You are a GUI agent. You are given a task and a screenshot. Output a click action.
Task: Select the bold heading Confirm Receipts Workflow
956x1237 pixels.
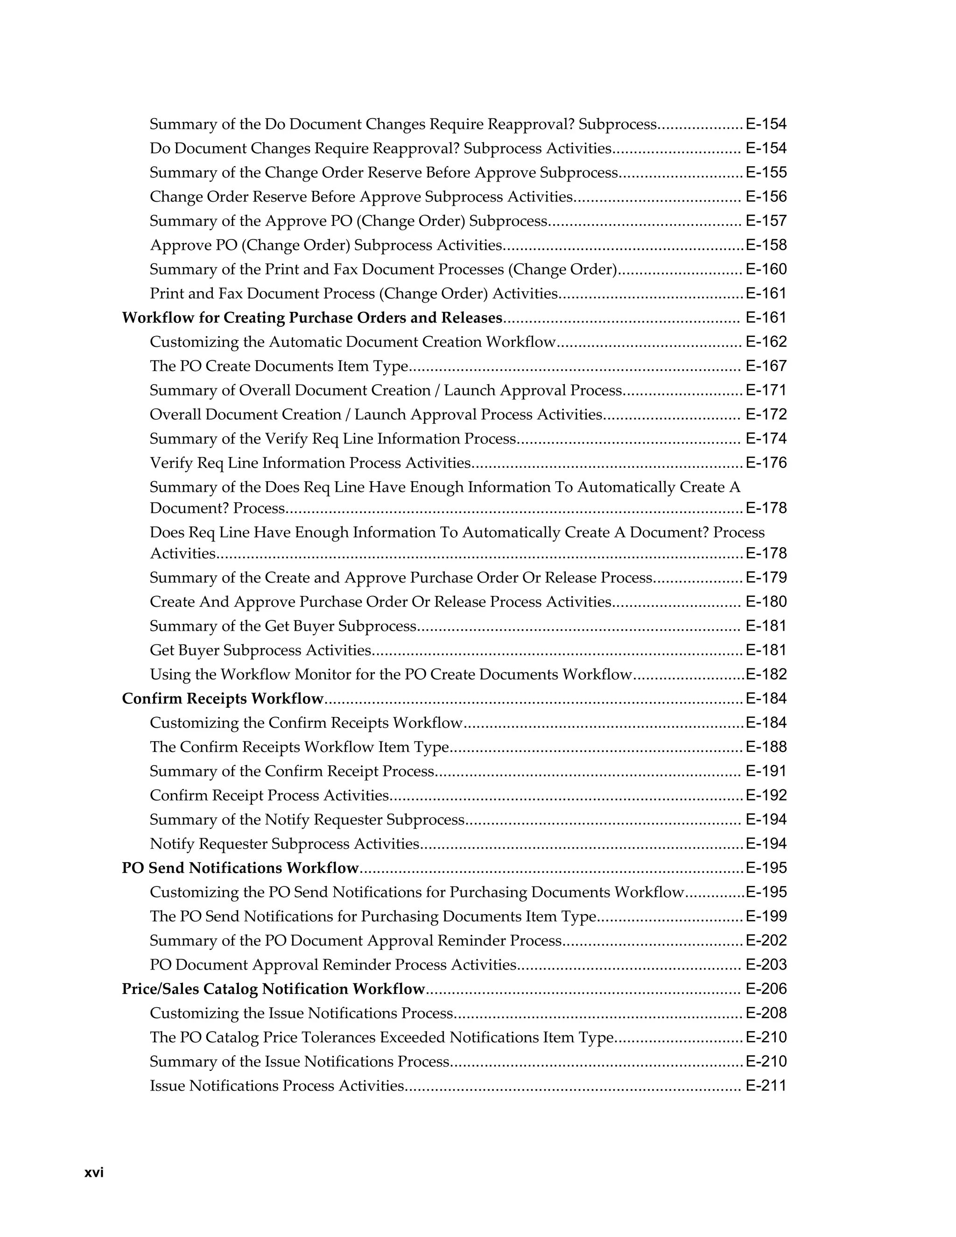point(223,698)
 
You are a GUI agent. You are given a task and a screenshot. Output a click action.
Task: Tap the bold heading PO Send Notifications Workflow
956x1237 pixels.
point(240,868)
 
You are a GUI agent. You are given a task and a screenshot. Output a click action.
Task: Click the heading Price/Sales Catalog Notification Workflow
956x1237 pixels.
point(273,989)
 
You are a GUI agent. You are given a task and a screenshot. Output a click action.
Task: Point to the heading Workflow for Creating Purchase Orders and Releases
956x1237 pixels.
point(312,318)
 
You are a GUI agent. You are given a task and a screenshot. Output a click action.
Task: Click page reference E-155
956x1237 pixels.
point(766,172)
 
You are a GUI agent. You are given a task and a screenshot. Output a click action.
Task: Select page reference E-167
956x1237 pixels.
point(766,366)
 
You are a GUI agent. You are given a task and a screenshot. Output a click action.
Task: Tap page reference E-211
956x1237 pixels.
point(766,1086)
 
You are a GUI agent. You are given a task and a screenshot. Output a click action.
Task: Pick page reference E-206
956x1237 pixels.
point(766,989)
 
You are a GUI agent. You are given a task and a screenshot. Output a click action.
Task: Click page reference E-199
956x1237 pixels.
point(766,916)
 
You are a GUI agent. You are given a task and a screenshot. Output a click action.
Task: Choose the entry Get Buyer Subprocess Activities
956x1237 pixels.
point(260,650)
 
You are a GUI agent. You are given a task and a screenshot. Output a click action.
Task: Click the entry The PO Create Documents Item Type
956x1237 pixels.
point(279,366)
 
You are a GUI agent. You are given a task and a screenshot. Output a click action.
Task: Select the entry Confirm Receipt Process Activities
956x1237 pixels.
point(269,795)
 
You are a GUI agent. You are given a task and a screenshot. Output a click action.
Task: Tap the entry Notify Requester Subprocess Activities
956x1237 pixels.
point(284,844)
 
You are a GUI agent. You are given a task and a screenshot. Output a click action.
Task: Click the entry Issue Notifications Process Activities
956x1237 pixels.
point(277,1086)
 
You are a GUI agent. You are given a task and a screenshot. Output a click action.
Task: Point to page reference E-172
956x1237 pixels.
point(766,415)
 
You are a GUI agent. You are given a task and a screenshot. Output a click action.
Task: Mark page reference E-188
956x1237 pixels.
point(766,747)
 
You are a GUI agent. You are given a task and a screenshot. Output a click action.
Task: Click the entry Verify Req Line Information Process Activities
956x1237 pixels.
point(310,464)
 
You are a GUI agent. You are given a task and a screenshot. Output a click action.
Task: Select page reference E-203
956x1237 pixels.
point(766,964)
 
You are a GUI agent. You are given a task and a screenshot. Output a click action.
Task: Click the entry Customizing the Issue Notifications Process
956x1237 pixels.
point(301,1013)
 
